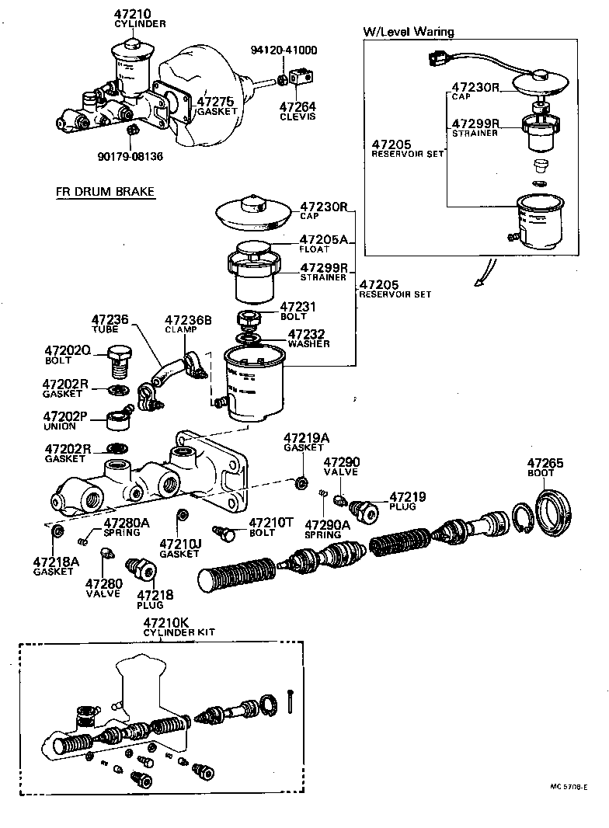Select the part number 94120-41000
(284, 51)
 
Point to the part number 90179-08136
(130, 155)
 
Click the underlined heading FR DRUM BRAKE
(105, 192)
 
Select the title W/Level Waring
(409, 32)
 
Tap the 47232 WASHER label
(308, 338)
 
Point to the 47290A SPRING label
(325, 530)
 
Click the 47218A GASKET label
(55, 565)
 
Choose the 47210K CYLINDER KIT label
(168, 627)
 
